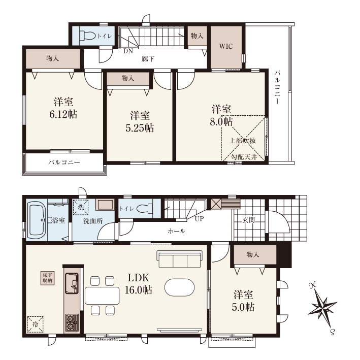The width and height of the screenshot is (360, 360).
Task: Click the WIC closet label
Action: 226,46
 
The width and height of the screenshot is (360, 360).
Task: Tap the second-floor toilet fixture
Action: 88,36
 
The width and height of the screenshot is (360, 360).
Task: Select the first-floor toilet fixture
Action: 145,209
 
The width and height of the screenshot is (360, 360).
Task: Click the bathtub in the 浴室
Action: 37,220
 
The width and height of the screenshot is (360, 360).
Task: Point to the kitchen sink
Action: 72,283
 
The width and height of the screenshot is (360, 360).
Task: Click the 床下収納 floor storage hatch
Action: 48,278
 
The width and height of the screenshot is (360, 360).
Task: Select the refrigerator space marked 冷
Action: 36,324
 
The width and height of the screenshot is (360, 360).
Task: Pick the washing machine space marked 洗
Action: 81,208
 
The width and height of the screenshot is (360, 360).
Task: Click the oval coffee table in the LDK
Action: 180,287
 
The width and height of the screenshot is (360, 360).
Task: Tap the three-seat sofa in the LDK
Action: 180,259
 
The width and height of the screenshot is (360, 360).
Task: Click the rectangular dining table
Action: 102,296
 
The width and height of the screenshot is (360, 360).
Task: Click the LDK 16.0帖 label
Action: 138,284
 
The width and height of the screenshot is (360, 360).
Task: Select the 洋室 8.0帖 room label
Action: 221,115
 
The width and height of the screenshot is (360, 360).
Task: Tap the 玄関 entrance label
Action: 248,220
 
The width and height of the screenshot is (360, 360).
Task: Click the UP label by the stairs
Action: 199,219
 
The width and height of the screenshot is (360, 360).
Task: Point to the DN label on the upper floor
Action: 128,51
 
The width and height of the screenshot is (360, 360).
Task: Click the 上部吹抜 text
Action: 242,141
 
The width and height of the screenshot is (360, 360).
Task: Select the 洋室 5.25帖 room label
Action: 140,122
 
